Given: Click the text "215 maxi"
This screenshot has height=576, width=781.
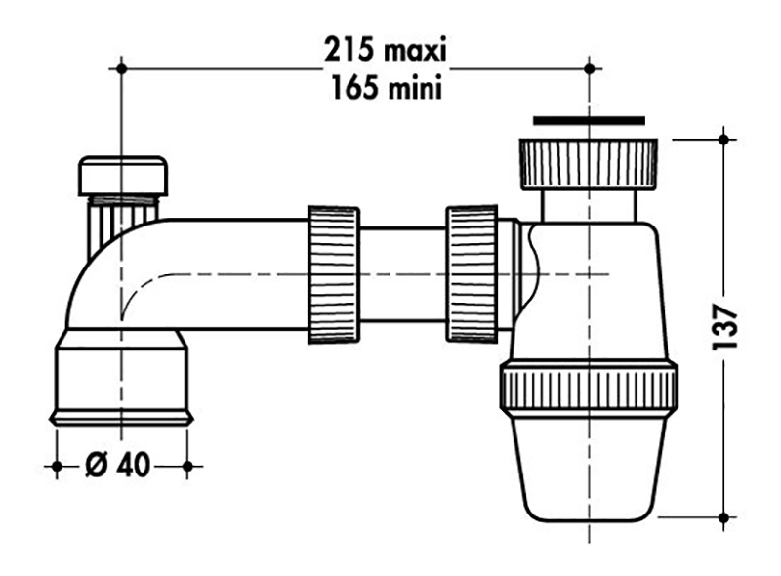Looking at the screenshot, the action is (x=386, y=50).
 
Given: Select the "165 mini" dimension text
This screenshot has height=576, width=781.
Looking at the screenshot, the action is (x=387, y=88).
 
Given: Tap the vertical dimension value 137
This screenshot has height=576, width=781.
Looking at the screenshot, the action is (x=724, y=327).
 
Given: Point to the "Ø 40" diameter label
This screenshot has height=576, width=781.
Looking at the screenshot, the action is (x=117, y=465).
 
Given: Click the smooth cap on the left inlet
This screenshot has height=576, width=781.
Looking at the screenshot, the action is (x=123, y=176).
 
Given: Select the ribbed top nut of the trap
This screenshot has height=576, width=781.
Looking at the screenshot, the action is (x=589, y=164).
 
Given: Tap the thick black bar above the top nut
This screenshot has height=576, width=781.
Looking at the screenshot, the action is (x=589, y=121).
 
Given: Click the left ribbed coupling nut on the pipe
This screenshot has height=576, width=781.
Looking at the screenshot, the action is (x=333, y=273).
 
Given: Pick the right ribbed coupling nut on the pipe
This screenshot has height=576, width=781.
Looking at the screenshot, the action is (x=472, y=273).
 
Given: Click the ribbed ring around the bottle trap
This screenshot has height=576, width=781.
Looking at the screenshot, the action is (x=589, y=387).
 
